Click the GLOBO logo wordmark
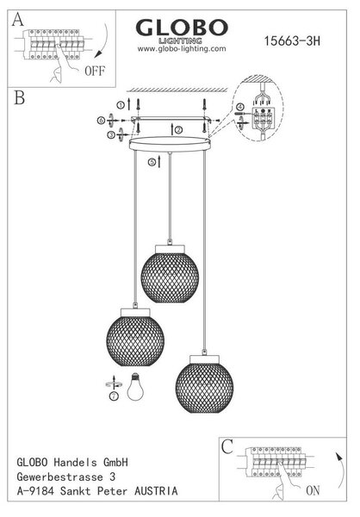pos(182,28)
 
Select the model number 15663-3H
pos(292,40)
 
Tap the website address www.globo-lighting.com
pos(182,49)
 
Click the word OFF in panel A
pos(95,71)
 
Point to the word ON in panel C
pos(313,490)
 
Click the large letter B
pos(20,97)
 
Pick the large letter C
pos(227,447)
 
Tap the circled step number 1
pos(121,105)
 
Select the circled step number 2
pos(179,130)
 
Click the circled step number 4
pos(240,107)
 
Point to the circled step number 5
pos(152,162)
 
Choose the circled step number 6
pos(101,121)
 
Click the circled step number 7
pos(114,396)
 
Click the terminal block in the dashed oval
pos(263,119)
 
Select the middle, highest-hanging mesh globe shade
pos(170,274)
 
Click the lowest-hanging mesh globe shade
pos(204,383)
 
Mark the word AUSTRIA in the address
pos(156,491)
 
